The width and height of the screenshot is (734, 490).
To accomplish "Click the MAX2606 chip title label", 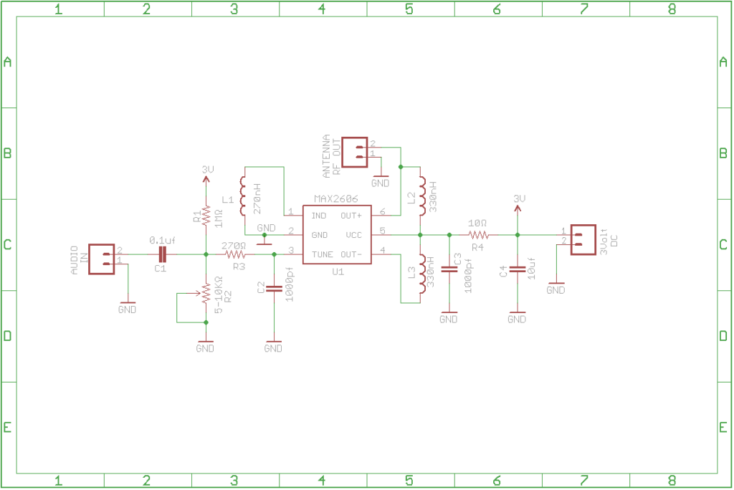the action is pyautogui.click(x=335, y=199).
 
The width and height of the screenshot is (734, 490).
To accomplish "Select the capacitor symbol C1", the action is pyautogui.click(x=162, y=254).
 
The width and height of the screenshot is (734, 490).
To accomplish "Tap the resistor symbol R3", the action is pyautogui.click(x=235, y=254).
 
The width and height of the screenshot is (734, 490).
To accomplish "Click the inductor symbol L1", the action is pyautogui.click(x=242, y=196).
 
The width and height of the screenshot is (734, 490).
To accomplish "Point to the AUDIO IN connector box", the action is pyautogui.click(x=102, y=259).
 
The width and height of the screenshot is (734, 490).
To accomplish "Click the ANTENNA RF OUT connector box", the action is pyautogui.click(x=354, y=152).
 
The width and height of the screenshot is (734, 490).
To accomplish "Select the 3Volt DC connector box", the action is pyautogui.click(x=583, y=239).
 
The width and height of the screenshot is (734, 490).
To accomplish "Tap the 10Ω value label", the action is pyautogui.click(x=477, y=224).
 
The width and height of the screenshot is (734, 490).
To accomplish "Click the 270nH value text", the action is pyautogui.click(x=257, y=198).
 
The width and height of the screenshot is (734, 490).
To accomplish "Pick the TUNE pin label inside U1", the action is pyautogui.click(x=323, y=254).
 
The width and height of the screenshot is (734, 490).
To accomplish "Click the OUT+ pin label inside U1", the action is pyautogui.click(x=351, y=216).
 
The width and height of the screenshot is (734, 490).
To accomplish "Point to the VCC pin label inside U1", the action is pyautogui.click(x=354, y=235).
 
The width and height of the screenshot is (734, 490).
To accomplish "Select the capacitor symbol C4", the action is pyautogui.click(x=518, y=269).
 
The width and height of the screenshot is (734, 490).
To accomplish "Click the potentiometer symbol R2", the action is pyautogui.click(x=205, y=294).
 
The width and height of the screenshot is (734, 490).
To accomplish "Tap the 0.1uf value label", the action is pyautogui.click(x=162, y=240).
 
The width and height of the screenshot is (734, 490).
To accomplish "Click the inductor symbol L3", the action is pyautogui.click(x=422, y=274).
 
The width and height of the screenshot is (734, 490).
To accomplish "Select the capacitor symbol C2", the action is pyautogui.click(x=275, y=288).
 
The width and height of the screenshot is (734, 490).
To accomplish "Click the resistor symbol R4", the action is pyautogui.click(x=478, y=235).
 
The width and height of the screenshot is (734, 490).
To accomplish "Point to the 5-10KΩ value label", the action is pyautogui.click(x=218, y=295).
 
